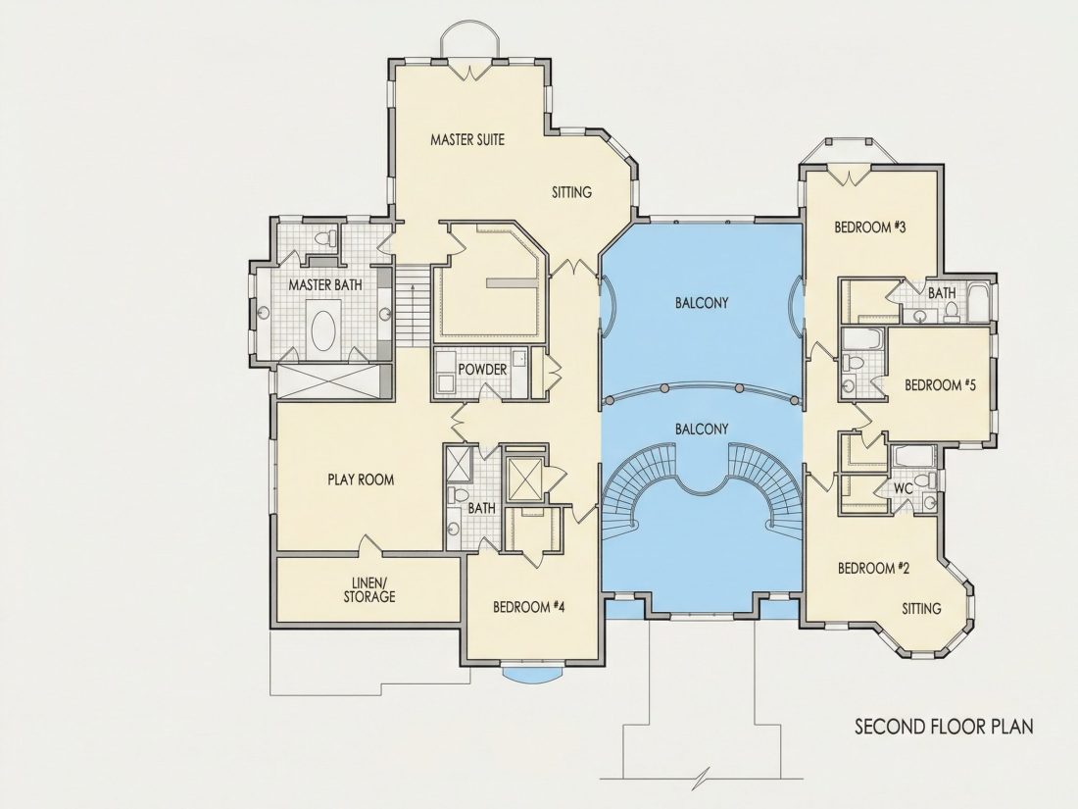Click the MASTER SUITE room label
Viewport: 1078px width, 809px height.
(467, 139)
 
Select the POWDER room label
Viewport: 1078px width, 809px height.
(482, 370)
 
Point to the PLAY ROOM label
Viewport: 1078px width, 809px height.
(361, 480)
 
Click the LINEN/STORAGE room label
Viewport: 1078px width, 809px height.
(369, 589)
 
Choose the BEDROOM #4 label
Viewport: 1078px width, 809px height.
(528, 607)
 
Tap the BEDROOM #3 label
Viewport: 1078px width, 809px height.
(869, 228)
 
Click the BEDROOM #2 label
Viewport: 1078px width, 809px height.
(874, 568)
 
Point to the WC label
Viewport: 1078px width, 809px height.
(904, 489)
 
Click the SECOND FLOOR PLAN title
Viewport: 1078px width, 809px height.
(944, 727)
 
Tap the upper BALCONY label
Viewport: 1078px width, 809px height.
(702, 303)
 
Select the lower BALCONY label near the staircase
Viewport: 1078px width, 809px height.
(702, 430)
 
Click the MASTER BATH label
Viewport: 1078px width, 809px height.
(325, 284)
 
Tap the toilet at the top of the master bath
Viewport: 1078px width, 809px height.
(325, 238)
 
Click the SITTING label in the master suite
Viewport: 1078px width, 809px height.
(572, 192)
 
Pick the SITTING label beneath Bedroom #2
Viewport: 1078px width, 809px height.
(922, 609)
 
